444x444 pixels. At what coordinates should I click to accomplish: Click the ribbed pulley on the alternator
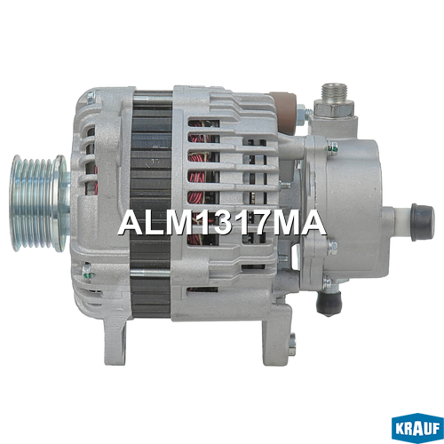pos(38,203)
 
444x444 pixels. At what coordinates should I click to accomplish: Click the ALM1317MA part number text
pos(222,223)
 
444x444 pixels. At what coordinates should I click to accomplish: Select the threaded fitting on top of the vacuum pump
pos(334,91)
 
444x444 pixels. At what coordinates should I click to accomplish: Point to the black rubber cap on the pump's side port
pos(423,218)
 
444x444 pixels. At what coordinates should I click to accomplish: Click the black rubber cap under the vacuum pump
pos(329,303)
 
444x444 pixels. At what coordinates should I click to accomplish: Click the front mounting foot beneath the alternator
pos(115,339)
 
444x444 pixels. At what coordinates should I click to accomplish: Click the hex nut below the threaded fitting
pos(334,108)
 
